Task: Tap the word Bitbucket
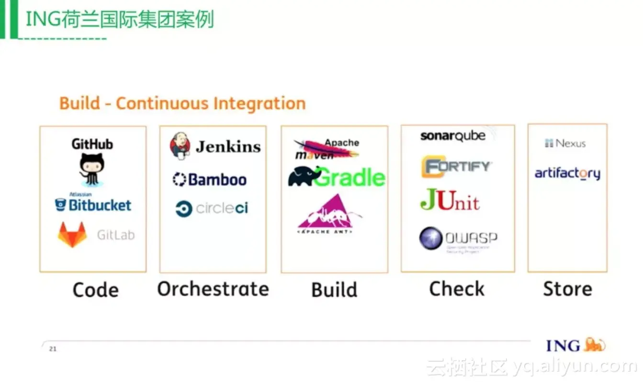[x=100, y=205]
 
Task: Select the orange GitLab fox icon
[x=72, y=234]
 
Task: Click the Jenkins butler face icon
[x=180, y=146]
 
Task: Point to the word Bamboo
[x=217, y=180]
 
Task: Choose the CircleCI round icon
[x=183, y=209]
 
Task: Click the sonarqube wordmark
[x=452, y=136]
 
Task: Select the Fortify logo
[x=456, y=167]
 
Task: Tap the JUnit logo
[x=450, y=200]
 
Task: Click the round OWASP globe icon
[x=430, y=238]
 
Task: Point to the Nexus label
[x=565, y=143]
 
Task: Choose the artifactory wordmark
[x=567, y=173]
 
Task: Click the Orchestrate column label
[x=213, y=289]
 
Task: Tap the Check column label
[x=456, y=289]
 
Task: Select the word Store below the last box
[x=567, y=289]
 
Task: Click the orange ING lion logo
[x=594, y=345]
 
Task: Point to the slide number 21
[x=53, y=349]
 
